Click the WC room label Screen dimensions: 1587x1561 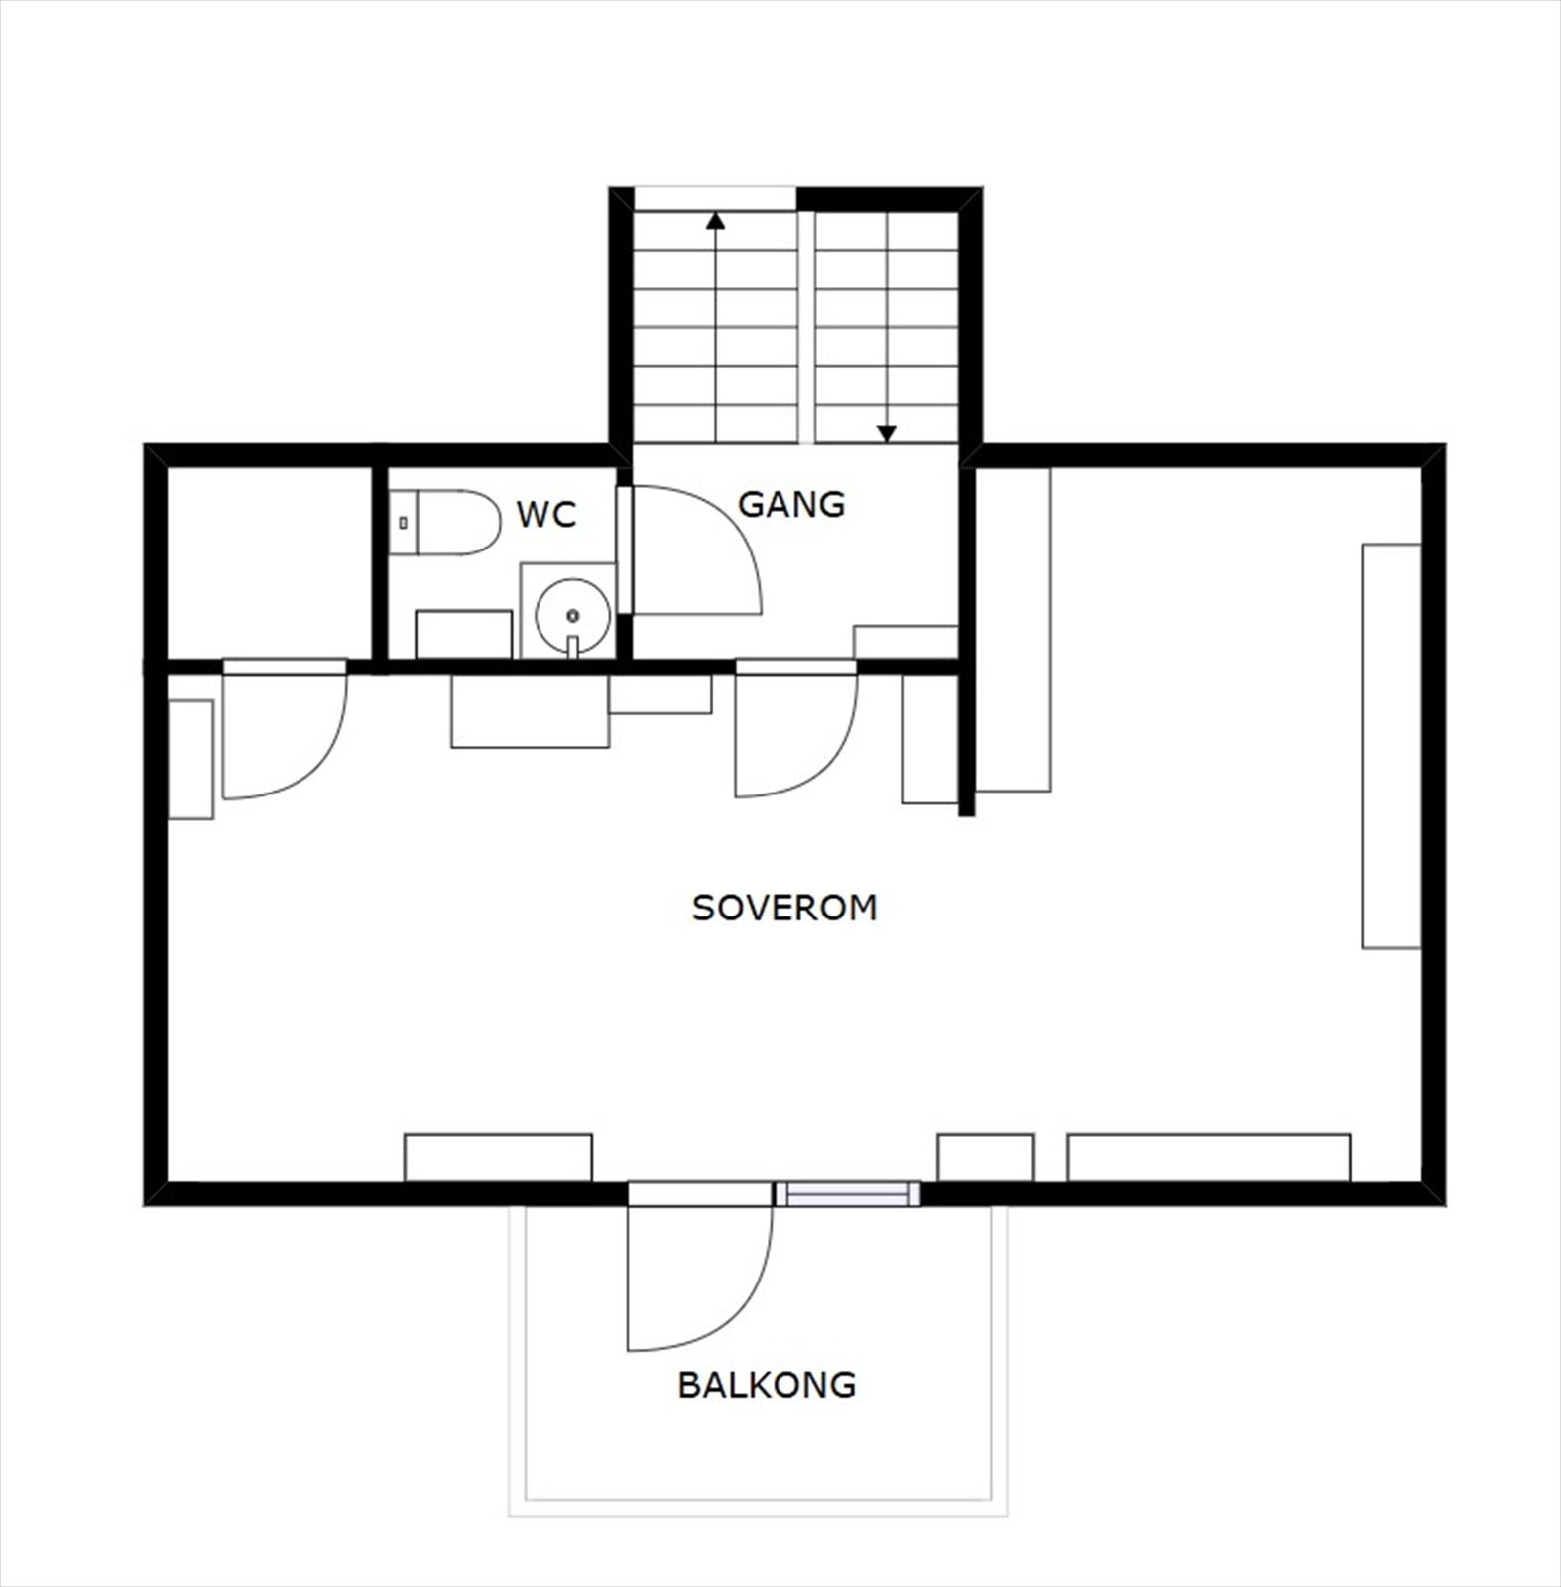click(x=545, y=515)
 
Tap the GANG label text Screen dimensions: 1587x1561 click(x=791, y=504)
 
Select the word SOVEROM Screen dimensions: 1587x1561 click(x=783, y=908)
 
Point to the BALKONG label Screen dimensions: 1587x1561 click(x=767, y=1385)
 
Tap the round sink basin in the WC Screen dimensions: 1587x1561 click(x=572, y=615)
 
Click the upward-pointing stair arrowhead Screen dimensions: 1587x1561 click(x=715, y=220)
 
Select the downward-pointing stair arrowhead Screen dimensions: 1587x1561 click(x=887, y=433)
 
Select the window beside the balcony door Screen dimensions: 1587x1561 click(x=848, y=1194)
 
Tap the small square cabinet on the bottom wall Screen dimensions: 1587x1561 click(x=986, y=1158)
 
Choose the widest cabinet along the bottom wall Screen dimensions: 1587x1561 click(x=1208, y=1158)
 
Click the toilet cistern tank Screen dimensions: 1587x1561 click(x=403, y=522)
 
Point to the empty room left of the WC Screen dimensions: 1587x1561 click(x=269, y=560)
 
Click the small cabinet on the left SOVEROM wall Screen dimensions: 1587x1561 click(x=190, y=760)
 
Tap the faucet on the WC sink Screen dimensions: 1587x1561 click(x=572, y=645)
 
